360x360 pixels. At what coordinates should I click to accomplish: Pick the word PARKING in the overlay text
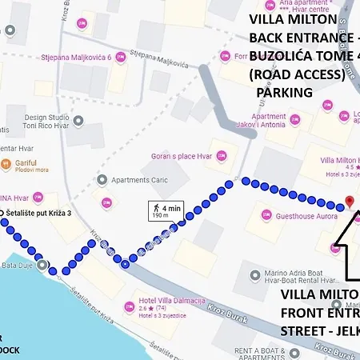tap(284, 92)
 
